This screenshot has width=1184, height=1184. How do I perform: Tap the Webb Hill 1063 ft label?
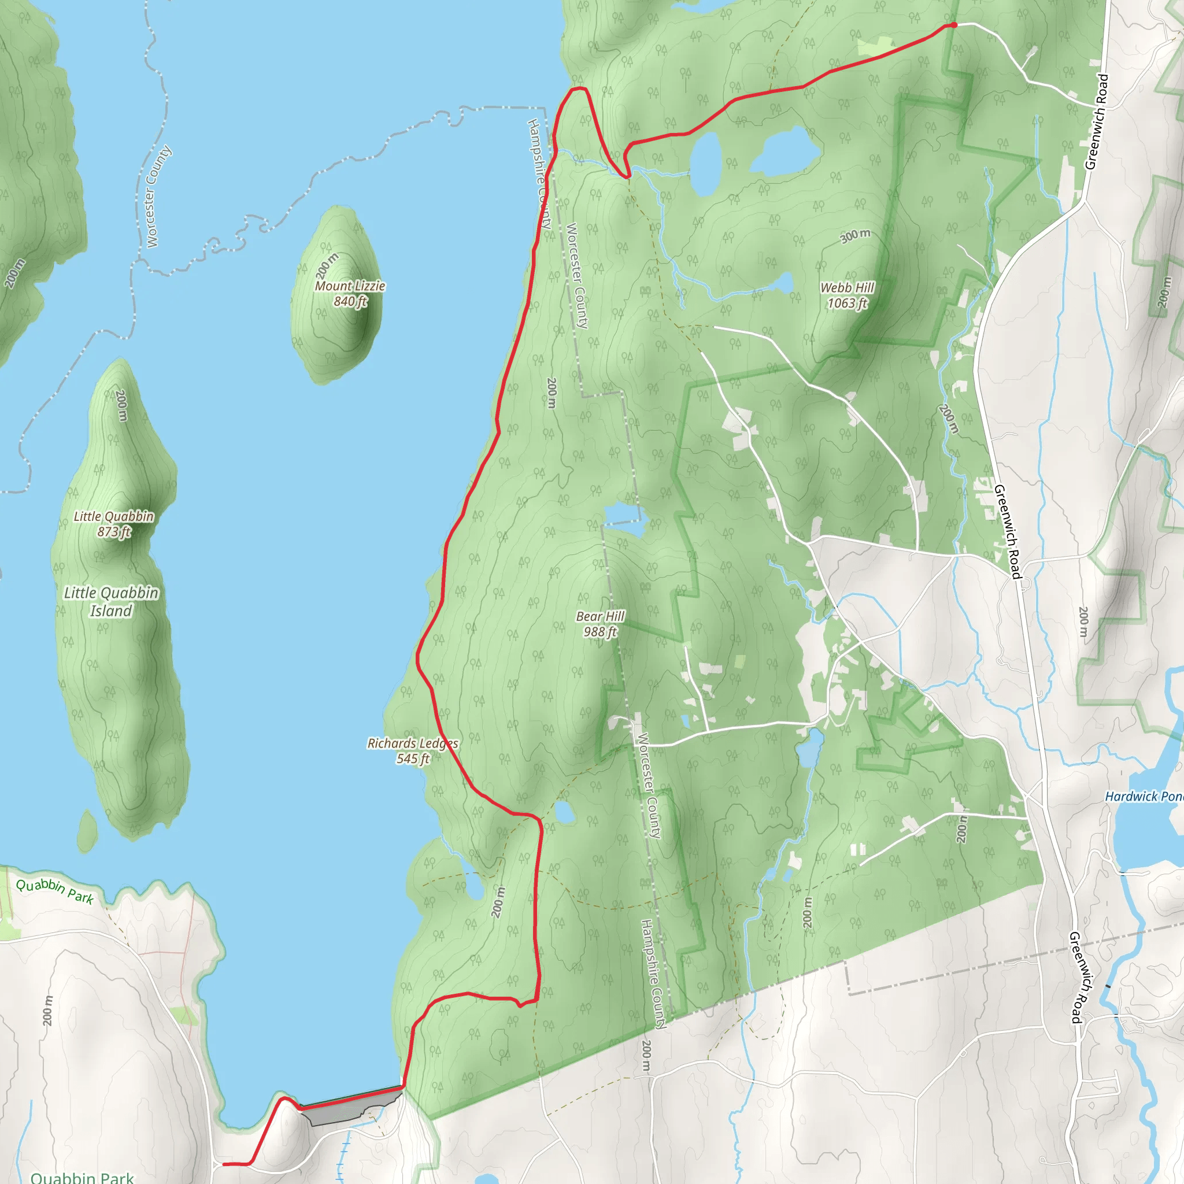(848, 295)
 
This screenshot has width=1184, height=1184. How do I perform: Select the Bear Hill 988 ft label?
(600, 624)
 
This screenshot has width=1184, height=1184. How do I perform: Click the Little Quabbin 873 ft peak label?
(114, 524)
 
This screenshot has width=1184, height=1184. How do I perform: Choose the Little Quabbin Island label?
(112, 602)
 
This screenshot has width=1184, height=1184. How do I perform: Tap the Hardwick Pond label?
(1144, 797)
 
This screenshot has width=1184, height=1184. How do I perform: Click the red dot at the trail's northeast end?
(953, 25)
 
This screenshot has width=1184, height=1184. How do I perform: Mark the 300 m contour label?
(855, 235)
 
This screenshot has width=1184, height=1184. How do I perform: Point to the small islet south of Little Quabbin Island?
(87, 831)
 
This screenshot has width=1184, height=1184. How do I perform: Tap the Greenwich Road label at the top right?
(1096, 121)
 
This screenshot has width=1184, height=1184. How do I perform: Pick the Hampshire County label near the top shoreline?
(539, 173)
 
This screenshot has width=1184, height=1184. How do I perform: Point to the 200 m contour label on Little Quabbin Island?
(122, 405)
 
